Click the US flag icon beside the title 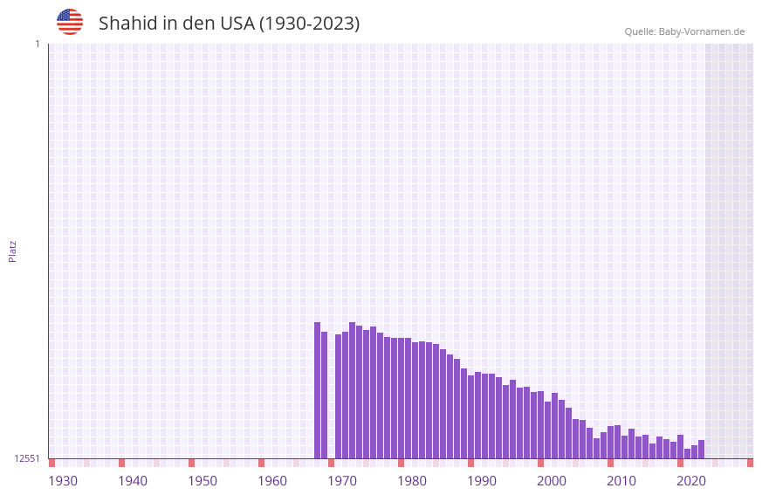70,22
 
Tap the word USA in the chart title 237,24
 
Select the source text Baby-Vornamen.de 702,31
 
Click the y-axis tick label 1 37,44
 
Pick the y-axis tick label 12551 27,458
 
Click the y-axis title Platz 12,251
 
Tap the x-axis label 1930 63,481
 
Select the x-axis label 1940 133,481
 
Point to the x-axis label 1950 203,481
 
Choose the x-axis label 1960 272,481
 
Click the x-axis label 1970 342,481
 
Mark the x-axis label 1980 412,481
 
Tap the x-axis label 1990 482,481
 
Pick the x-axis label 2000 552,481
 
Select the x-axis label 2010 621,481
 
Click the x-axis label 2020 691,481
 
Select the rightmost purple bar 701,450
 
